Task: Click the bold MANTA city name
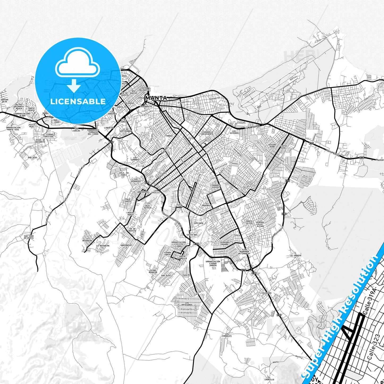tap(156, 98)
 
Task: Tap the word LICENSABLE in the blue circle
tap(78, 101)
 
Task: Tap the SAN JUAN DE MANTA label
tap(29, 237)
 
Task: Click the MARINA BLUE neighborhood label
tap(5, 100)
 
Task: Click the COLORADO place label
tap(267, 293)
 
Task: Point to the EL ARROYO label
tap(296, 255)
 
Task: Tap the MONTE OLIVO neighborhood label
tap(249, 222)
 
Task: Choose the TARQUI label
tap(169, 136)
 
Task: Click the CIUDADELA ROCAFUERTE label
tap(207, 133)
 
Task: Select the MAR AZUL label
tap(32, 157)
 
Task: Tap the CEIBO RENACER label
tap(153, 271)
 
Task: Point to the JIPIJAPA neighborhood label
tap(199, 223)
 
